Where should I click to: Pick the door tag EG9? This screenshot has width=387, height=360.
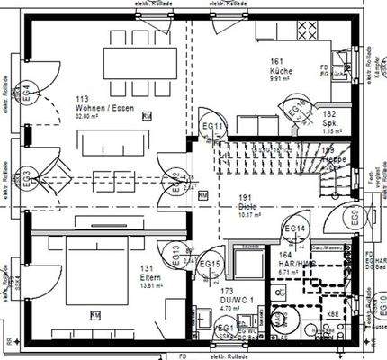(x=355, y=217)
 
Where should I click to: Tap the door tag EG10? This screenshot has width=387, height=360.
(x=381, y=317)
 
